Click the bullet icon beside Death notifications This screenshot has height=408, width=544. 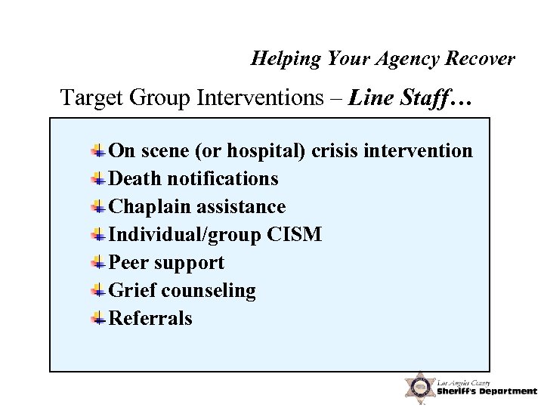[98, 179]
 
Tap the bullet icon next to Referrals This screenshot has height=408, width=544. [98, 319]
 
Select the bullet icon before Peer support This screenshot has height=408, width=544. [98, 263]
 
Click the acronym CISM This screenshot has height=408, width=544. [295, 235]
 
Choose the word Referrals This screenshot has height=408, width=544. [151, 319]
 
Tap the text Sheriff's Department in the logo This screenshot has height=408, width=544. [487, 391]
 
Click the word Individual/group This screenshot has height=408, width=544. [185, 235]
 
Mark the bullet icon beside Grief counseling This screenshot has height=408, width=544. [98, 291]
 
